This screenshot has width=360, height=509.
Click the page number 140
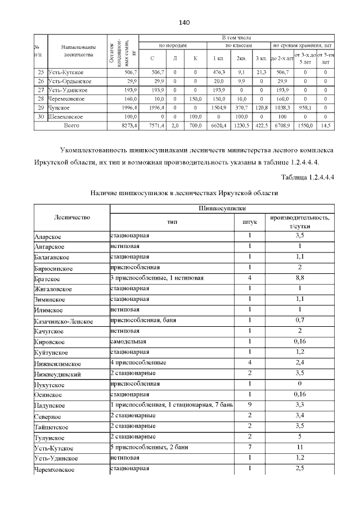(183, 22)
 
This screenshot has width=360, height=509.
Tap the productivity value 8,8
(300, 278)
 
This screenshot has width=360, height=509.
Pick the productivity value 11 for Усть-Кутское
(300, 447)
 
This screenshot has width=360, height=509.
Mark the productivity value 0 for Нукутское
(300, 384)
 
